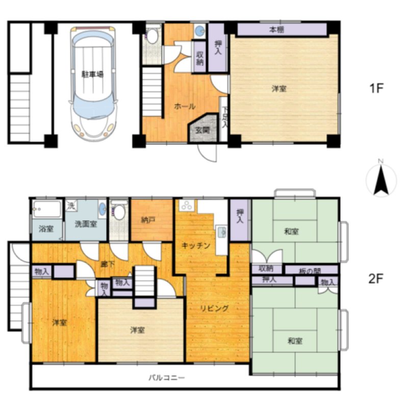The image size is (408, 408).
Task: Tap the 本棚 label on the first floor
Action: click(x=276, y=30)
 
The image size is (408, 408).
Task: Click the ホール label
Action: click(x=185, y=106)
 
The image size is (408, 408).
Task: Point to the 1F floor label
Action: click(x=376, y=88)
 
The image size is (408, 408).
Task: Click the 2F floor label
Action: click(x=376, y=279)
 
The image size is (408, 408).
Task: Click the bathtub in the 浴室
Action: click(x=47, y=209)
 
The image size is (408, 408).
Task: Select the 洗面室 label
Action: click(x=86, y=224)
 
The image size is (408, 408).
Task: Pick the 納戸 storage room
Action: click(x=152, y=220)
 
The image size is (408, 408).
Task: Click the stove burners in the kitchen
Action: click(x=186, y=206)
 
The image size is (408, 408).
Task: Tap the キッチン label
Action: click(x=196, y=245)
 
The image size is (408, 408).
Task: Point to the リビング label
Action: click(x=215, y=309)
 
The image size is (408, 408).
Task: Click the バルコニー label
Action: click(x=167, y=377)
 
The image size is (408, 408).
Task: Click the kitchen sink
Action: click(x=222, y=232)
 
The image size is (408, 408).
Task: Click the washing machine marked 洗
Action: click(x=70, y=206)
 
